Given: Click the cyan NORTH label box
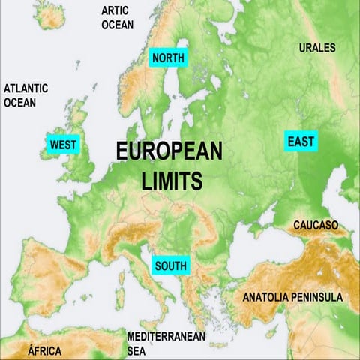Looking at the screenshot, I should click(x=169, y=58).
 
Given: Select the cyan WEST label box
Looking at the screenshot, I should click(x=63, y=145).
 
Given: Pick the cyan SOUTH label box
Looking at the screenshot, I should click(x=170, y=265).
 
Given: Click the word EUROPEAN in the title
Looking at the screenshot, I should click(x=169, y=151).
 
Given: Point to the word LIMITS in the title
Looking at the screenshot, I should click(x=172, y=181).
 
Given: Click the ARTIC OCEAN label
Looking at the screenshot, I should click(x=118, y=18).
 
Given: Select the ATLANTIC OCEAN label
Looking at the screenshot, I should click(x=25, y=94).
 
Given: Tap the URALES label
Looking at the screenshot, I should click(x=318, y=48).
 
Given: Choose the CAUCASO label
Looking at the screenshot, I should click(x=316, y=225).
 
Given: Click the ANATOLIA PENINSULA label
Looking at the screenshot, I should click(x=292, y=297).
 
